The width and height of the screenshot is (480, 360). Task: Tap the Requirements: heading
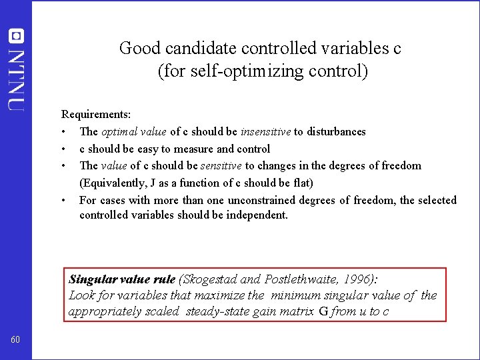click(x=96, y=115)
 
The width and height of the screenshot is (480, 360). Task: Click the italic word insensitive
click(x=265, y=131)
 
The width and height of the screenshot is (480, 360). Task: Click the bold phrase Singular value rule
click(x=122, y=279)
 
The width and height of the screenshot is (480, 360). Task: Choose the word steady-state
click(x=219, y=311)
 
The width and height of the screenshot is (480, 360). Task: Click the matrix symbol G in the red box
click(x=323, y=311)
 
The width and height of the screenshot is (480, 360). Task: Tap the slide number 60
click(x=16, y=341)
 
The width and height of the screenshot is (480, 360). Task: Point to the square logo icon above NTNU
click(x=16, y=36)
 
